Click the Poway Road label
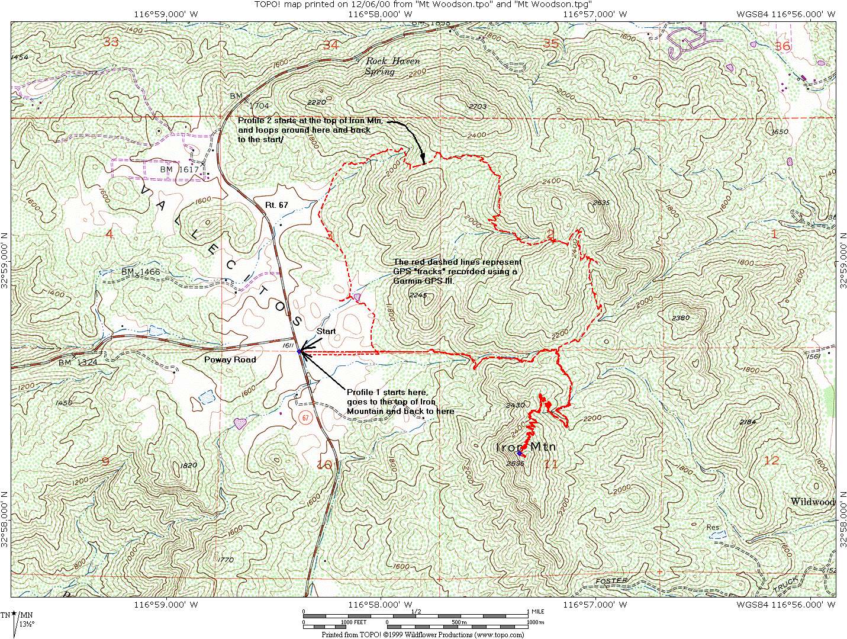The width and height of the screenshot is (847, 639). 230,359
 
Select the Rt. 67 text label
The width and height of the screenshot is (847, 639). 276,205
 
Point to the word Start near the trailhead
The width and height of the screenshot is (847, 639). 326,332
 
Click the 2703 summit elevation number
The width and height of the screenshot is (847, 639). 477,107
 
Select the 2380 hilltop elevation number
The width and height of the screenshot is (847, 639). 681,318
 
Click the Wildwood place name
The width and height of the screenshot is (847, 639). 812,502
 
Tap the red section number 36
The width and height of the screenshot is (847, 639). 782,46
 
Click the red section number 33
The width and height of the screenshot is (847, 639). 111,41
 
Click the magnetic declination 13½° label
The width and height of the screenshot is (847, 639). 27,624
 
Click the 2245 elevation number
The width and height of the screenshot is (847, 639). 417,295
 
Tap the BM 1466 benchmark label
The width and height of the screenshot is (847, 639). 141,271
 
